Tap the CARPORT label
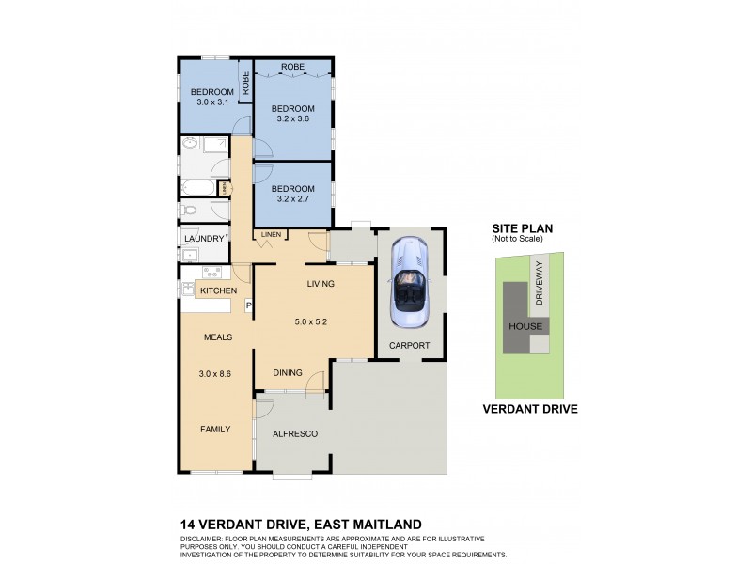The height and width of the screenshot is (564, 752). [x=410, y=346]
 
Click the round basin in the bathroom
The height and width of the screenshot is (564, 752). [x=191, y=144]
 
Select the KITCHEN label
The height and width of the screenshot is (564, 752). [x=218, y=291]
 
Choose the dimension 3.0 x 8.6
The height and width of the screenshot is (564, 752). [x=214, y=374]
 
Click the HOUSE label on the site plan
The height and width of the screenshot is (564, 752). [x=525, y=327]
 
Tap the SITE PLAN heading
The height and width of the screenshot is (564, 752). [x=524, y=228]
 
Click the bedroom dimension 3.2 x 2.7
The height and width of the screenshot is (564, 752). [x=292, y=200]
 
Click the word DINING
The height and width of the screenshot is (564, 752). [x=287, y=373]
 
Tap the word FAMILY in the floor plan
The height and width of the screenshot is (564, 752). [x=214, y=429]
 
